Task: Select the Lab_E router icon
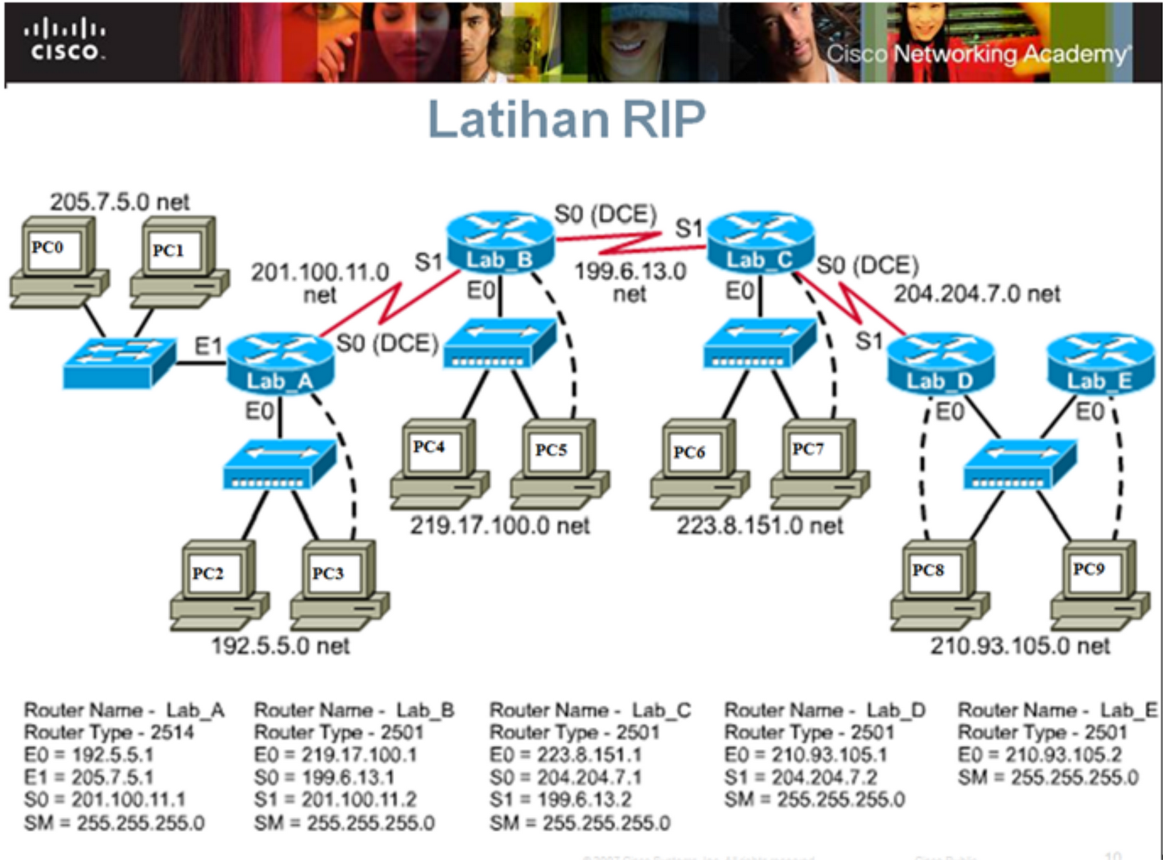[x=1100, y=363]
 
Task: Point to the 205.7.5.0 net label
[x=119, y=201]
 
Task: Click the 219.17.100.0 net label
[x=499, y=525]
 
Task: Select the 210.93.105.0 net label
[x=1020, y=645]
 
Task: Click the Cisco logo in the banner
[x=65, y=41]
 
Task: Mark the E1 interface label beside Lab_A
[x=208, y=346]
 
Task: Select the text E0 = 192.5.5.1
[x=89, y=755]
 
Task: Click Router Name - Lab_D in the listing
[x=824, y=710]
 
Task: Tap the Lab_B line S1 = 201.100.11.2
[x=335, y=800]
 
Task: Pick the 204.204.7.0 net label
[x=976, y=293]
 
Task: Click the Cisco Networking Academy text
[x=978, y=54]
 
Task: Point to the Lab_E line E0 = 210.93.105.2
[x=1039, y=755]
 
